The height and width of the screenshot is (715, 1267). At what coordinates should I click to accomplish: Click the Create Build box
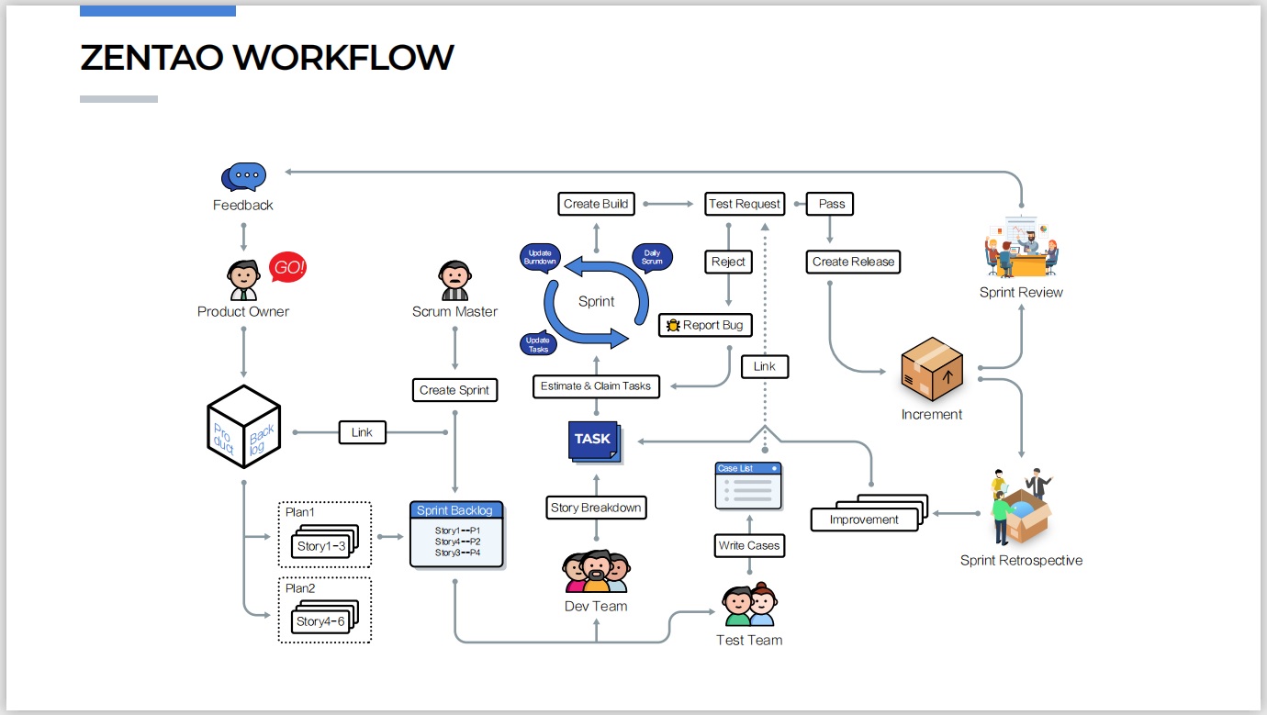[x=597, y=204]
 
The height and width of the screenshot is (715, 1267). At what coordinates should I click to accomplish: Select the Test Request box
[x=744, y=204]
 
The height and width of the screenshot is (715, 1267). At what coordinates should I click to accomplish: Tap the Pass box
[x=831, y=204]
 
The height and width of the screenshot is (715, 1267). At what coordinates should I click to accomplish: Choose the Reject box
[x=729, y=262]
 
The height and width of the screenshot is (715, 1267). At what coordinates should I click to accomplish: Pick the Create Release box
[x=853, y=262]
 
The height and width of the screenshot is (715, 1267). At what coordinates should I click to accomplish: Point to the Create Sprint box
[x=454, y=390]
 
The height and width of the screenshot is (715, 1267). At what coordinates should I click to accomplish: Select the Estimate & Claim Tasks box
[x=596, y=385]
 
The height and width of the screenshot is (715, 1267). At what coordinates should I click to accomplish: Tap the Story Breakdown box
[x=596, y=508]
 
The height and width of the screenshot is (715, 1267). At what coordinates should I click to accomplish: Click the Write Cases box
[x=749, y=545]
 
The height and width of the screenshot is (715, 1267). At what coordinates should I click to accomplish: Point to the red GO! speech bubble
[x=287, y=267]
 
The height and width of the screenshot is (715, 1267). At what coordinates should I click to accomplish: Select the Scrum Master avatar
[x=454, y=280]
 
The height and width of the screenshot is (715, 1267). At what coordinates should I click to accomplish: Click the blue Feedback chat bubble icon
[x=244, y=176]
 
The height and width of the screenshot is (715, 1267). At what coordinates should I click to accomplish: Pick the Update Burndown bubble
[x=540, y=258]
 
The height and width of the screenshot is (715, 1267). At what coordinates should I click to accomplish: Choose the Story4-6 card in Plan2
[x=321, y=621]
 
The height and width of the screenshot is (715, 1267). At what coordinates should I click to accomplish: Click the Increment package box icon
[x=932, y=370]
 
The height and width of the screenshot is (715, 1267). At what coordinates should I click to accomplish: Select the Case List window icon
[x=748, y=486]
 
